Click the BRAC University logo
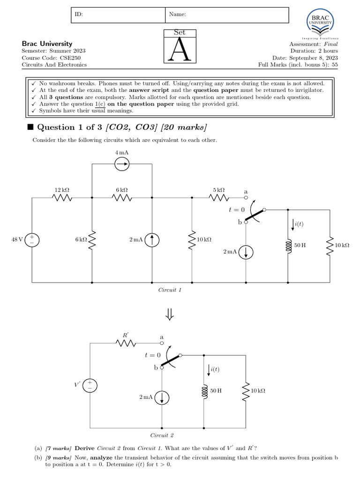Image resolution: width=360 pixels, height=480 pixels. click(320, 24)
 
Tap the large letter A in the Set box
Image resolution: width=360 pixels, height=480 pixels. click(180, 50)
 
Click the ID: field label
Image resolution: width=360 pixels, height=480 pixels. click(79, 15)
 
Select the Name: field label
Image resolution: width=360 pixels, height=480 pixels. click(178, 15)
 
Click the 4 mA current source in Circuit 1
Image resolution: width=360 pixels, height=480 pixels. click(122, 164)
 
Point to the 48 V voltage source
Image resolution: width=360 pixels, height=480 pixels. click(32, 240)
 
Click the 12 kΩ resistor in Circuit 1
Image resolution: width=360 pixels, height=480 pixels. click(62, 198)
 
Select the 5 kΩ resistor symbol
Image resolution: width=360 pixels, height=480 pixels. click(219, 198)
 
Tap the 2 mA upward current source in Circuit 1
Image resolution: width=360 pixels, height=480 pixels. click(152, 240)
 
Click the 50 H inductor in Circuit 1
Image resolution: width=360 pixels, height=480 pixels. click(288, 245)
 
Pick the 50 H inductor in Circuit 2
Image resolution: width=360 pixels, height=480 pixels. click(205, 390)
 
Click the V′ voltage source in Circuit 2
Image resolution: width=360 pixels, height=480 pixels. click(90, 385)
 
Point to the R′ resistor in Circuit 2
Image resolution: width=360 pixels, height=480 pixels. click(126, 343)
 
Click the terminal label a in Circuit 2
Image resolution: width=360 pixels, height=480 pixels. click(162, 337)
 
